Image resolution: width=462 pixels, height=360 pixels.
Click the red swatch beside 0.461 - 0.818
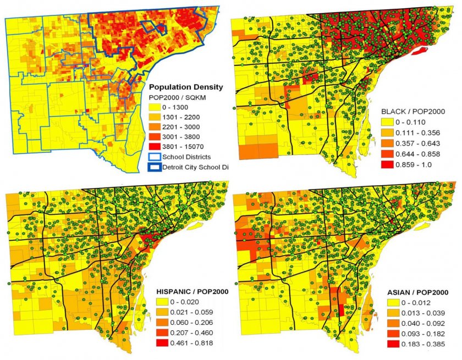(x=164, y=344)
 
